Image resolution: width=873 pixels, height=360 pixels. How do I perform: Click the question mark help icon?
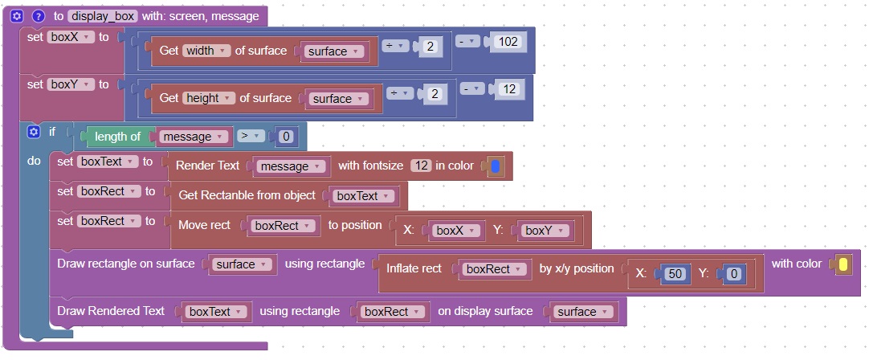(38, 16)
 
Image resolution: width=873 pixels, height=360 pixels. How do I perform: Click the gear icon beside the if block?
(33, 132)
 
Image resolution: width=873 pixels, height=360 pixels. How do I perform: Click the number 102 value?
(508, 41)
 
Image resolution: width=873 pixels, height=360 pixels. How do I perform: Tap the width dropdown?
(207, 51)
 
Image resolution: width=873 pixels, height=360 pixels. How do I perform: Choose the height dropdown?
(209, 98)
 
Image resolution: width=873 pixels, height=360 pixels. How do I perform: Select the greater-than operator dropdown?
(251, 136)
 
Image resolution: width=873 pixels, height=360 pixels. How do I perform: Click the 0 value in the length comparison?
(287, 137)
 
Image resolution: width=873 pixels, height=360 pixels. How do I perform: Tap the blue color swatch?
(495, 166)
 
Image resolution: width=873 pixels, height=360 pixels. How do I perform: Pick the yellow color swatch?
(842, 264)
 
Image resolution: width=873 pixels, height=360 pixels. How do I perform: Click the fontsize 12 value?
(421, 166)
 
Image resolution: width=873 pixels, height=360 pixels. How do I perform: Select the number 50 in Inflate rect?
(675, 274)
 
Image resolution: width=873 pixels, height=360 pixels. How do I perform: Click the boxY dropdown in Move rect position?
(542, 231)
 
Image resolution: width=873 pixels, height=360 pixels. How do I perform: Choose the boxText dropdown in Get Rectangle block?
(363, 196)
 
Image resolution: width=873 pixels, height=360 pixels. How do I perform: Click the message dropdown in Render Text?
(291, 166)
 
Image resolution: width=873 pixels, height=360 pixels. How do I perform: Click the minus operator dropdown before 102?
(469, 41)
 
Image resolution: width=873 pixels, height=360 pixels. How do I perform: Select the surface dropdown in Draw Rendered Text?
(582, 312)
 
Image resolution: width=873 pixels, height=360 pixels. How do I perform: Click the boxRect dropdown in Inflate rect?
(494, 269)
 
